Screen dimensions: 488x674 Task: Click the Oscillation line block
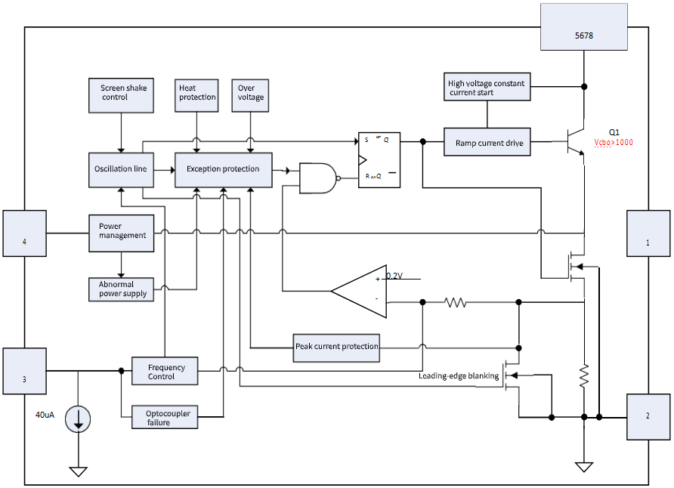point(121,169)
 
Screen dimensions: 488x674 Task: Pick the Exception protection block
point(223,169)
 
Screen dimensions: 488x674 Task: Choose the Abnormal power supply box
point(122,289)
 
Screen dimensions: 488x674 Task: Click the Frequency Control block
point(165,372)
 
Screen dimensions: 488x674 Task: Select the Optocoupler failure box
point(165,418)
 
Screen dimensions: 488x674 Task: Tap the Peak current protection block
point(336,347)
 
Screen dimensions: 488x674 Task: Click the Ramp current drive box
point(488,143)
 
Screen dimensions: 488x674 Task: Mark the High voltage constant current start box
point(487,88)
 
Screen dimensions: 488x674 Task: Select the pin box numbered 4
point(24,242)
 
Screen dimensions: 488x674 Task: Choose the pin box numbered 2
point(648,416)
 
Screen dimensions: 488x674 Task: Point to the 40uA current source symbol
point(78,419)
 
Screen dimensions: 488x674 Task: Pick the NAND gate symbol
point(317,178)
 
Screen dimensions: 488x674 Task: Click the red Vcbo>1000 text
point(614,143)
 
